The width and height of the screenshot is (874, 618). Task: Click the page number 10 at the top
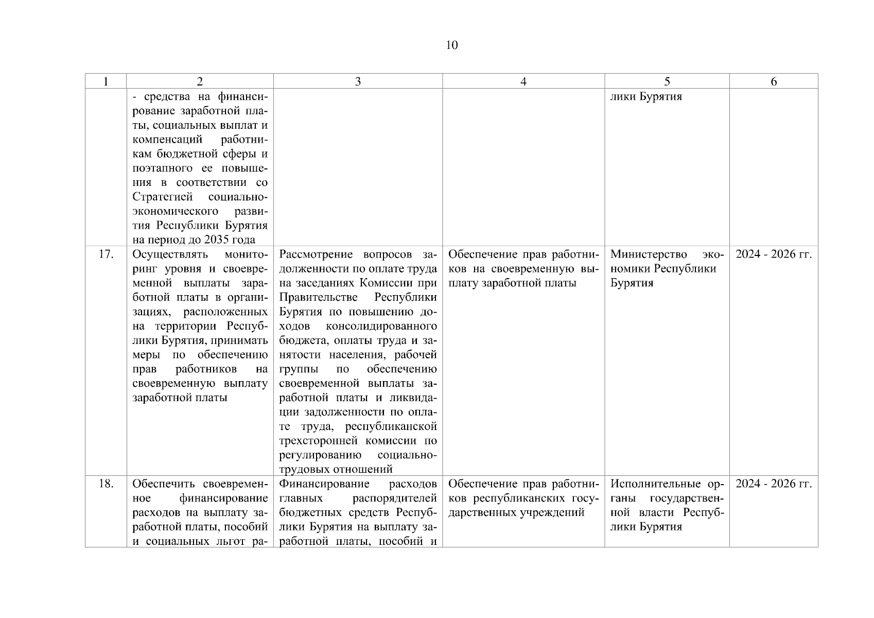coord(451,45)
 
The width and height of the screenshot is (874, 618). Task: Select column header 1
coord(106,81)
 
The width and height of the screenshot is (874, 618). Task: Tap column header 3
coord(358,81)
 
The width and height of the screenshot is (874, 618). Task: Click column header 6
coord(773,81)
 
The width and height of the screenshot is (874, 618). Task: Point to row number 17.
coord(106,254)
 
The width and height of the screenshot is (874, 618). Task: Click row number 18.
coord(106,484)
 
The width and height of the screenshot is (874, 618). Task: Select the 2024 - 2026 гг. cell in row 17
coord(773,254)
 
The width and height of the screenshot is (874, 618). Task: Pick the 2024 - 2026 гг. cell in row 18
coord(773,484)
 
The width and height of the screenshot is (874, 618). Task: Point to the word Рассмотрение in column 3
coord(318,254)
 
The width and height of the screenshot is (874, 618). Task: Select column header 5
coord(667,81)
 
